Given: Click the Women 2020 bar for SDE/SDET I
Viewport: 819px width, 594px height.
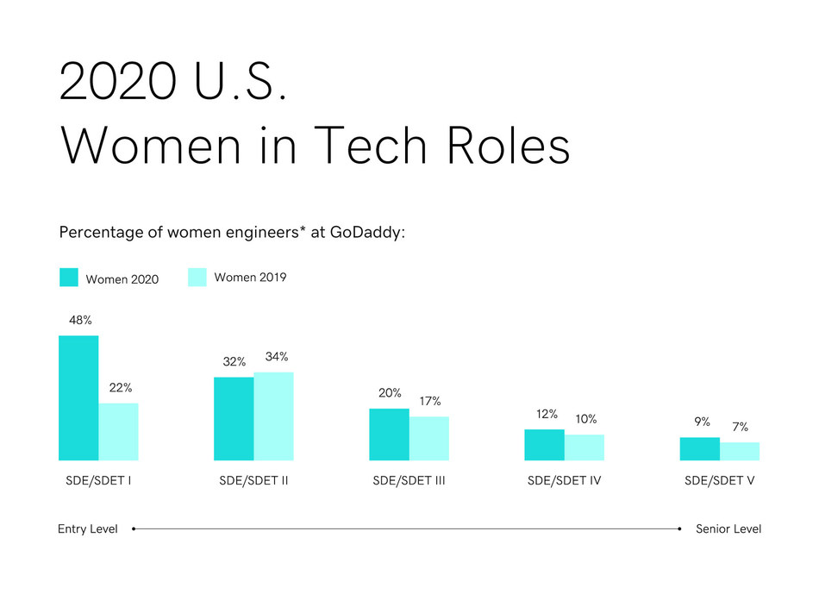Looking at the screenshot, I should click(x=78, y=397).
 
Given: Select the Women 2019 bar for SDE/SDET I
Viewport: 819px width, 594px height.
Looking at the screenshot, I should click(x=118, y=431).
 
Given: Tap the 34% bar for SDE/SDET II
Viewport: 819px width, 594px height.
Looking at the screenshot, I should click(x=273, y=416).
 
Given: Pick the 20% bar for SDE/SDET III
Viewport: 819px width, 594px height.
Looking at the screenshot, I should click(x=389, y=434).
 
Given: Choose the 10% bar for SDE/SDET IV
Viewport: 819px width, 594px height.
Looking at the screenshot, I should click(x=585, y=447).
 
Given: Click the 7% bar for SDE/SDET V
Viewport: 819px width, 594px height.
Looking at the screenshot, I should click(x=740, y=451).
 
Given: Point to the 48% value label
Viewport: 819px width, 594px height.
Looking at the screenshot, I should click(x=80, y=320).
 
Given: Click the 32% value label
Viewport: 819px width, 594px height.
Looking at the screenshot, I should click(x=234, y=362).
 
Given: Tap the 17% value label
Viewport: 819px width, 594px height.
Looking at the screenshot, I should click(x=430, y=401).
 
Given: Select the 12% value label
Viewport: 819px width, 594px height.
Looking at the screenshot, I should click(x=547, y=414).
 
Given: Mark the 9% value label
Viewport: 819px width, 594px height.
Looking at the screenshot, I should click(x=702, y=422).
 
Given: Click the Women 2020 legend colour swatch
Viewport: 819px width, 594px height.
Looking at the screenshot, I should click(x=69, y=278).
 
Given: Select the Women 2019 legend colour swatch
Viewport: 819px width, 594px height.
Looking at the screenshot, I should click(x=197, y=278).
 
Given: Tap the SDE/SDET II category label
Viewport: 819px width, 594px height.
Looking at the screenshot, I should click(x=253, y=480).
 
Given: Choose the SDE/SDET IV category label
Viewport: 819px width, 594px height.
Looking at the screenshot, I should click(x=564, y=480).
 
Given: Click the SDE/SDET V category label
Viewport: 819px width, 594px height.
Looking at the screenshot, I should click(x=719, y=480).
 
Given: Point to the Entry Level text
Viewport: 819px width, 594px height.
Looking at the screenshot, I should click(x=87, y=528).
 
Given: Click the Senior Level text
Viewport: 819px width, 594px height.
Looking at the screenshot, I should click(x=728, y=528).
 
